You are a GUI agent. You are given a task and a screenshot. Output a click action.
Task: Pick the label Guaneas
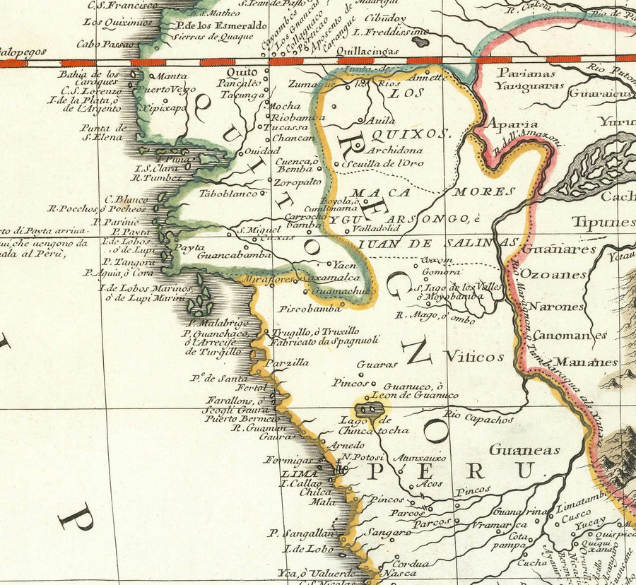[524, 449]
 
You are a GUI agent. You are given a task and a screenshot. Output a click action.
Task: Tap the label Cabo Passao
[105, 44]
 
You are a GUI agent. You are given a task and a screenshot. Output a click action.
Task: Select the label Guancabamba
[234, 255]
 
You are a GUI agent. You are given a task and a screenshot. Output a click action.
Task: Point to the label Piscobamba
[310, 309]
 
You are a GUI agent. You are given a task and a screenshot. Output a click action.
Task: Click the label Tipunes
[603, 221]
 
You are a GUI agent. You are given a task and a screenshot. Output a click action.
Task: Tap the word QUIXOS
[411, 133]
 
